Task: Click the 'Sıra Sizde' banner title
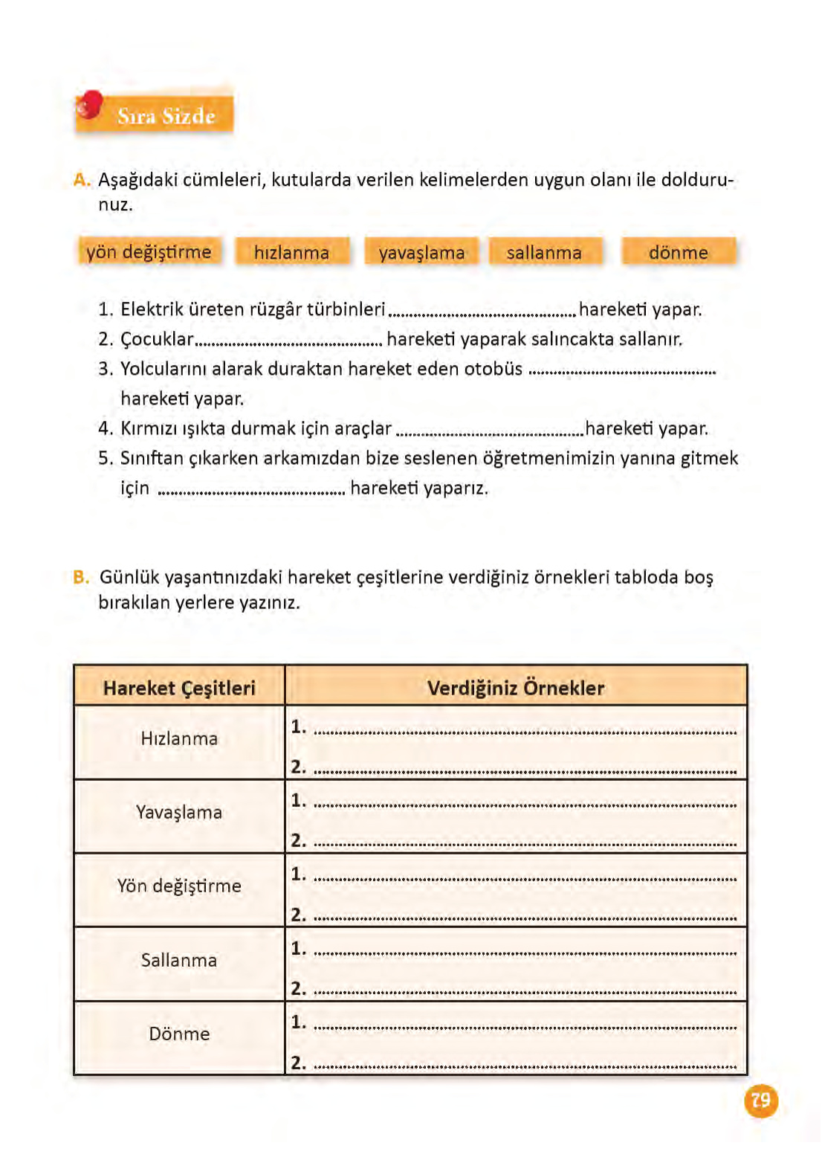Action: click(x=166, y=116)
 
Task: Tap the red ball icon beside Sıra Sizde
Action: click(x=89, y=105)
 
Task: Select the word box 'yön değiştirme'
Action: click(x=149, y=252)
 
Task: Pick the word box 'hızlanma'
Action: click(x=291, y=253)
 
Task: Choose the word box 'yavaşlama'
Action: click(x=421, y=253)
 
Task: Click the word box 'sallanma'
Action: click(x=544, y=253)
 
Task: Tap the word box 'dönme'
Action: click(x=678, y=253)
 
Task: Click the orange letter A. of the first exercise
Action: click(x=81, y=180)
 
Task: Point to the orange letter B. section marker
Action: click(x=81, y=577)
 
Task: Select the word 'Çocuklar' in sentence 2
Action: click(x=157, y=340)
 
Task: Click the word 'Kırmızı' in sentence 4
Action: click(x=149, y=428)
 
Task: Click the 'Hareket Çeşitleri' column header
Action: click(x=179, y=688)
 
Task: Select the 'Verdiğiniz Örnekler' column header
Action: click(x=516, y=688)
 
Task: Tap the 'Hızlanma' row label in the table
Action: click(x=179, y=738)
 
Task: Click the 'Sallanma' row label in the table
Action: click(x=179, y=960)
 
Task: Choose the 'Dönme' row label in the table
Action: click(x=179, y=1034)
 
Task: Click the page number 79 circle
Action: click(x=761, y=1100)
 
